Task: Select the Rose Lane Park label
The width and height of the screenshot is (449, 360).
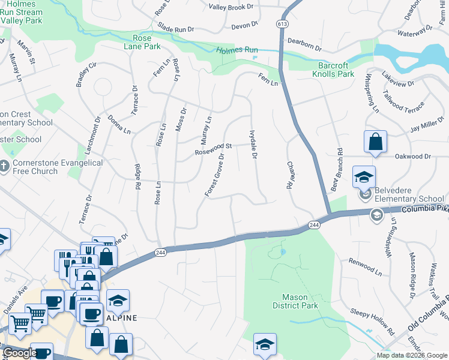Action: pos(142,42)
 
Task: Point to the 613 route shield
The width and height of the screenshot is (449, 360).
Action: pos(282,23)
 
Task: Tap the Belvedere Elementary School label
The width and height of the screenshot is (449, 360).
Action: pos(409,195)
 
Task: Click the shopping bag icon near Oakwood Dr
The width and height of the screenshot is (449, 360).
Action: pos(375,142)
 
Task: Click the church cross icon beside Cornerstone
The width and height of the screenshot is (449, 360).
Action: pos(4,165)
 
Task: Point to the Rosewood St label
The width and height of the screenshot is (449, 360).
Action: pos(213,149)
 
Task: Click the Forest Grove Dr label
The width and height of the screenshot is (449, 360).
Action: pos(214,175)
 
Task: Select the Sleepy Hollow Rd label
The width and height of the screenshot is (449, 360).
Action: pos(372,322)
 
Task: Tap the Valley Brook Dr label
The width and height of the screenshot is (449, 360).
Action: pos(232,7)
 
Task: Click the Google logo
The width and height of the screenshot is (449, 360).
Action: pos(20,353)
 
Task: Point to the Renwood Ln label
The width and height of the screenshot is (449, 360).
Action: pos(365,267)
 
